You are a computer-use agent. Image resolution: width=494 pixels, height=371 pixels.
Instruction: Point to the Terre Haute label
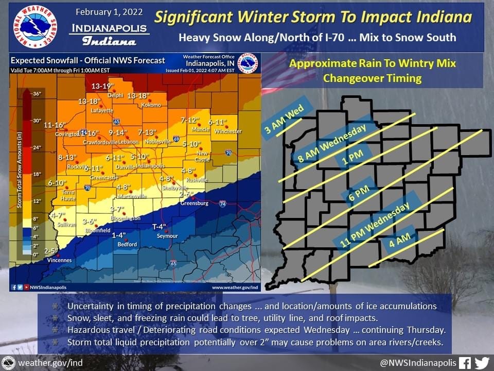68,194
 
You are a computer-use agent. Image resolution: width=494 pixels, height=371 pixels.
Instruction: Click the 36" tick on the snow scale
37,94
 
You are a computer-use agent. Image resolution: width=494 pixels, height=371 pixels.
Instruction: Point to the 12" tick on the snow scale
37,200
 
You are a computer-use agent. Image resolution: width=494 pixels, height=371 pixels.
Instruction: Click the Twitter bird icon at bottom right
482,362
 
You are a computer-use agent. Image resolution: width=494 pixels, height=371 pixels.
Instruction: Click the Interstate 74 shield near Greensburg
222,204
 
